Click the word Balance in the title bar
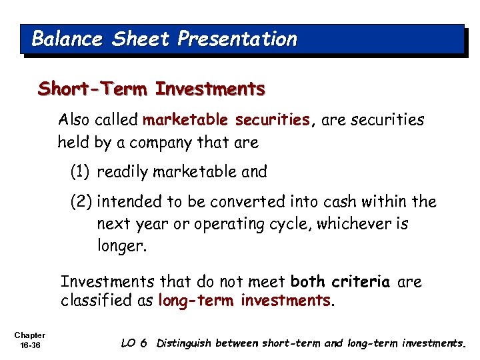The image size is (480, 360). pyautogui.click(x=67, y=39)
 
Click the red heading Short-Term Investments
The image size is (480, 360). pyautogui.click(x=151, y=88)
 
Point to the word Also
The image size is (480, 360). pyautogui.click(x=75, y=120)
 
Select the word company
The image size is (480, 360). pyautogui.click(x=155, y=142)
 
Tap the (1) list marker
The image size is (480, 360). pyautogui.click(x=81, y=172)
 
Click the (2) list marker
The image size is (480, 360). pyautogui.click(x=81, y=201)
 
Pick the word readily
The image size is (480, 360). pyautogui.click(x=123, y=172)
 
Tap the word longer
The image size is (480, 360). pyautogui.click(x=121, y=246)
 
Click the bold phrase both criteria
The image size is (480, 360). pyautogui.click(x=340, y=282)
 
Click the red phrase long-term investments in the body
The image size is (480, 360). pyautogui.click(x=244, y=301)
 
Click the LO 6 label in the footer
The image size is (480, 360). pyautogui.click(x=134, y=344)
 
